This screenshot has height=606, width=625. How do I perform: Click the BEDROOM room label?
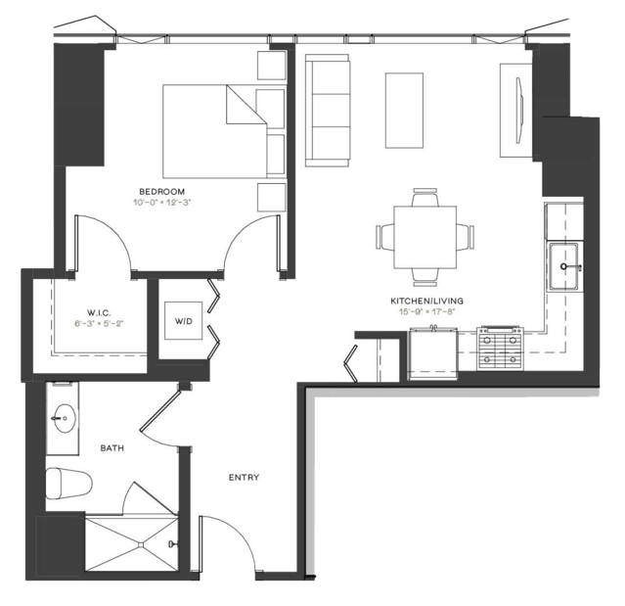(x=161, y=192)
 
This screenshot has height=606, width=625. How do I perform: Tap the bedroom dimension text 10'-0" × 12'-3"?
(x=162, y=203)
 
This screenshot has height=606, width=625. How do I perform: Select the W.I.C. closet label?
(x=99, y=312)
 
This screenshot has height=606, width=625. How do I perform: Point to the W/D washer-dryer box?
(x=183, y=321)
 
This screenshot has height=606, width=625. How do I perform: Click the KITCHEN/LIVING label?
(x=426, y=301)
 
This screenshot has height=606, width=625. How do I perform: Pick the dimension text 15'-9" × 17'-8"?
(x=426, y=311)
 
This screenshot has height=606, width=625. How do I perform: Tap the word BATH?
(x=112, y=448)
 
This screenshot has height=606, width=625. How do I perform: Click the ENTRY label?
(x=244, y=477)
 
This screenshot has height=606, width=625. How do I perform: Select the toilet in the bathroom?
(x=68, y=484)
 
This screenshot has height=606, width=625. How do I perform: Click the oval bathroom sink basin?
(x=65, y=418)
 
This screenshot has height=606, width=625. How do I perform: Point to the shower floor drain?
(x=141, y=544)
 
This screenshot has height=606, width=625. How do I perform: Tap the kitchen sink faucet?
(x=571, y=266)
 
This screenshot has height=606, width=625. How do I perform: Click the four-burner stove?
(x=500, y=349)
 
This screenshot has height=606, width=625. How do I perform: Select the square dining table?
(x=424, y=237)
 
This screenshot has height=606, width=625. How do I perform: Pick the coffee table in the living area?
(x=404, y=111)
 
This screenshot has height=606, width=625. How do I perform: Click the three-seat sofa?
(x=328, y=111)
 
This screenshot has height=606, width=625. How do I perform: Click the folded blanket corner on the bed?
(x=246, y=105)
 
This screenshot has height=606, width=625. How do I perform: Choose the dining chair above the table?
(x=424, y=197)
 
